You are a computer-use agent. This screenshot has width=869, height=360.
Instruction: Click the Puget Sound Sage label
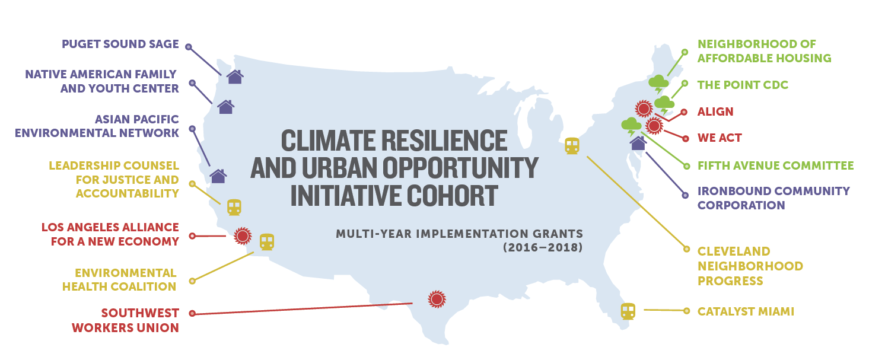(x=120, y=44)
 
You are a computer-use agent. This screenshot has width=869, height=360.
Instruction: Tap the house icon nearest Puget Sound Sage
(x=235, y=77)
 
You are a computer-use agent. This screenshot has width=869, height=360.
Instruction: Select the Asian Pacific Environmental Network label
(x=97, y=126)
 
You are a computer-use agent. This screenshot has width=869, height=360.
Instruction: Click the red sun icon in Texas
(x=437, y=299)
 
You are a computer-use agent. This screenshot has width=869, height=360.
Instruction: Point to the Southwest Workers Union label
(x=125, y=320)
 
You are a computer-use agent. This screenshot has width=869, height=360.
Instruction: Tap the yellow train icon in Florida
(x=628, y=311)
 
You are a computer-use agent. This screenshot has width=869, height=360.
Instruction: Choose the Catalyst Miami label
(x=746, y=311)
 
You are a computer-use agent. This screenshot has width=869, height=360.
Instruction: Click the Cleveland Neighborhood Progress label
(x=750, y=266)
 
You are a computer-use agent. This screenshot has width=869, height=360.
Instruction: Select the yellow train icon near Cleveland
(x=572, y=146)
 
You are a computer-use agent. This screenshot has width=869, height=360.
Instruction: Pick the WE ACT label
(x=720, y=138)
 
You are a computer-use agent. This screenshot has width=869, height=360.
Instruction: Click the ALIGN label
(x=715, y=111)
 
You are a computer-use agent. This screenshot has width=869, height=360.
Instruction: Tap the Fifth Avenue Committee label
(x=775, y=166)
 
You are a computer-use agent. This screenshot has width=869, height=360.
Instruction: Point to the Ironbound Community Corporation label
(x=773, y=198)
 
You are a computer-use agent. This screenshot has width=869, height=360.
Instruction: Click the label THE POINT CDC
(x=743, y=85)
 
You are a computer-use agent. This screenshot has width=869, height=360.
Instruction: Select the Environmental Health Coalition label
(x=119, y=280)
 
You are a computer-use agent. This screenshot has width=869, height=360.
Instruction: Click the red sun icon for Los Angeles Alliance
(x=243, y=236)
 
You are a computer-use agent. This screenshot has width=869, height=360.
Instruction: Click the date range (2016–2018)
(x=543, y=247)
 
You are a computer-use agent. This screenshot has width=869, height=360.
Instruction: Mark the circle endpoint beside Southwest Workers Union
(x=192, y=314)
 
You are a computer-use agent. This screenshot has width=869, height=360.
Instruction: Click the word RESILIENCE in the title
(x=444, y=141)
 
